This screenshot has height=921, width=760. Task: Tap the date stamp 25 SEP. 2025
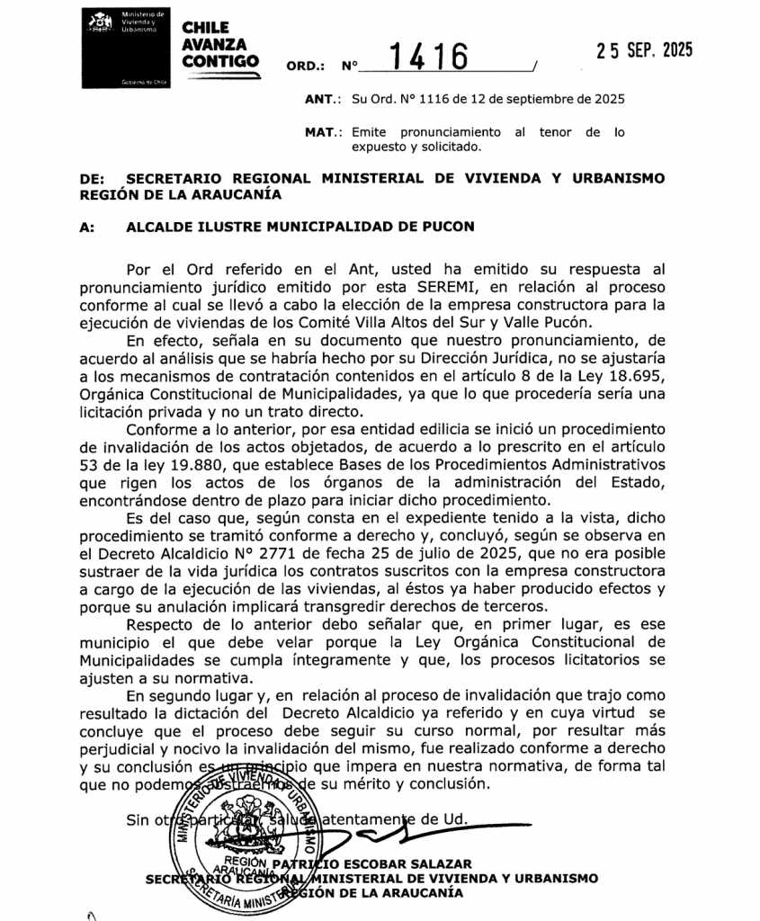coord(645,50)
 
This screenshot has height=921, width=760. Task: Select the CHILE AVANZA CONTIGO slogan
coord(219,45)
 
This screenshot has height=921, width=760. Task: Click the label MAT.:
coord(324,132)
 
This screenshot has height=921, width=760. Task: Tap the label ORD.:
coord(304,67)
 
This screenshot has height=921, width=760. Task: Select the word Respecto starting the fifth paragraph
coord(163,623)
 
